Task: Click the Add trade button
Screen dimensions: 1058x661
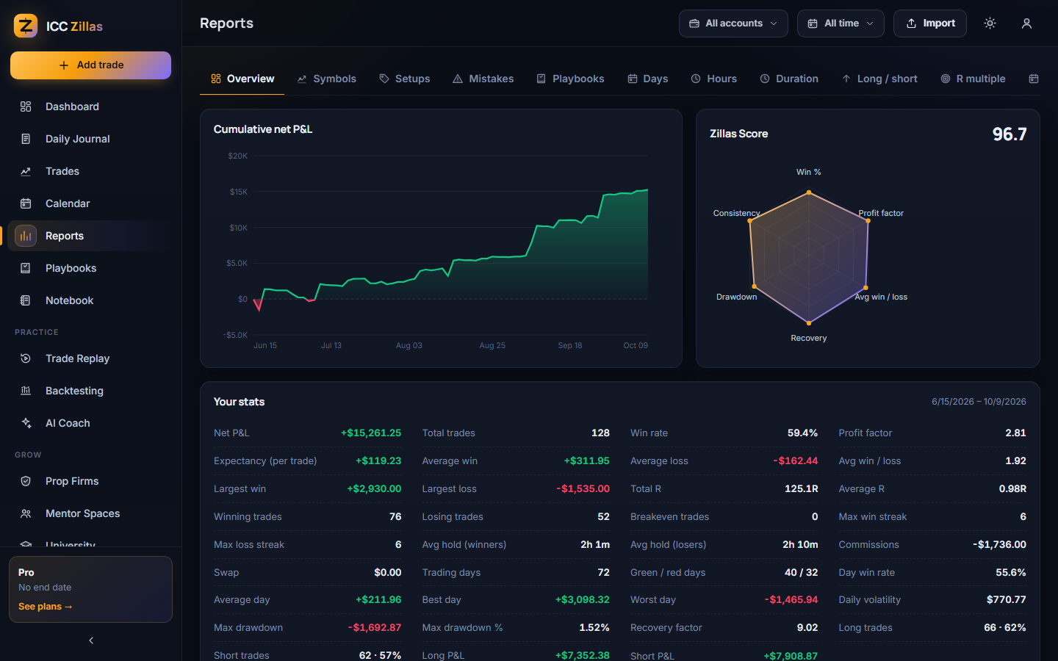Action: (x=90, y=65)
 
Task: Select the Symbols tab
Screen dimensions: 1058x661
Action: (x=326, y=79)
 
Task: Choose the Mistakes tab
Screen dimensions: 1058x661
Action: (x=483, y=79)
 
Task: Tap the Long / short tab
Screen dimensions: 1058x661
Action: (x=879, y=79)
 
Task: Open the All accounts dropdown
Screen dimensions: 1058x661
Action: (x=733, y=24)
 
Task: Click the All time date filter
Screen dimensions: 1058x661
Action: (x=841, y=24)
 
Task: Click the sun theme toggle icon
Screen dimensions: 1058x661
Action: (x=990, y=24)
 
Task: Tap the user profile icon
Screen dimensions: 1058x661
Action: (x=1026, y=24)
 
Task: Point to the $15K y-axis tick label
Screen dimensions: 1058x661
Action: (x=239, y=192)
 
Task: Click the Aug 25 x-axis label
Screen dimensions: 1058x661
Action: (x=492, y=345)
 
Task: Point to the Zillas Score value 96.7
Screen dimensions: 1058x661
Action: (x=1010, y=134)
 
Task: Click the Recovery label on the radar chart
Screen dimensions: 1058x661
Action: (x=809, y=338)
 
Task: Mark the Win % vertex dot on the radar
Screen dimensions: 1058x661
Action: (x=809, y=192)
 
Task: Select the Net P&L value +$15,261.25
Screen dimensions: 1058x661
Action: (x=371, y=433)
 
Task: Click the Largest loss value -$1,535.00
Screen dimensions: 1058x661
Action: (x=583, y=488)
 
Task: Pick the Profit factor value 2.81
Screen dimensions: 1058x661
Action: (x=1015, y=433)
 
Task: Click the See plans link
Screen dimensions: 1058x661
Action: (x=46, y=606)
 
